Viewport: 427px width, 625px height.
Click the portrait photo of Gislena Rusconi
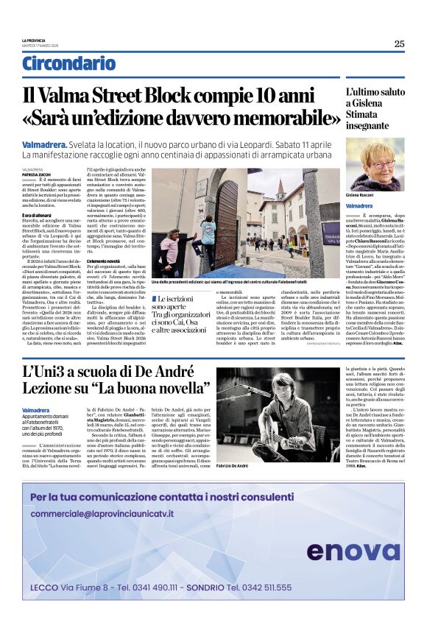coord(375,164)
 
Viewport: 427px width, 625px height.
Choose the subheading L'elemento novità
coord(103,261)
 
